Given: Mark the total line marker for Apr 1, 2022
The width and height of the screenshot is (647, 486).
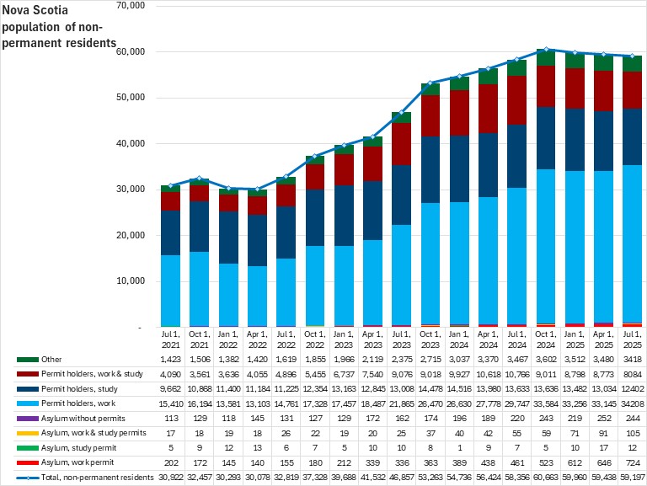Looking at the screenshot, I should [x=258, y=190].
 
